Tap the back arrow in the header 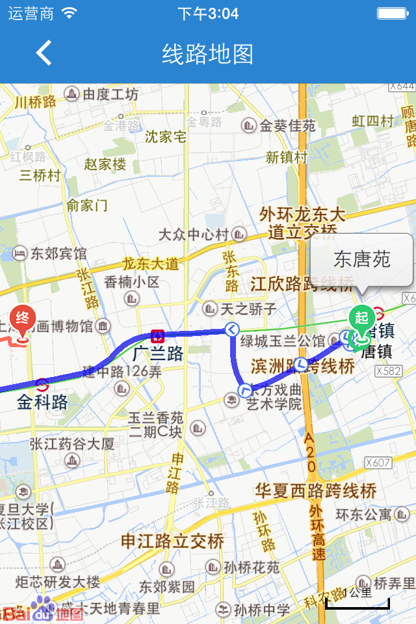(x=44, y=53)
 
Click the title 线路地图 (x=207, y=54)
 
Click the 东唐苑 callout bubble (x=361, y=260)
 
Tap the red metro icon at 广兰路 (x=157, y=336)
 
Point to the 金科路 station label (x=42, y=402)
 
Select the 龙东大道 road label (x=150, y=264)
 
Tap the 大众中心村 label (x=194, y=234)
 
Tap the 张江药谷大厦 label (x=72, y=444)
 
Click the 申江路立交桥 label (x=173, y=541)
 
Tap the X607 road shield (x=378, y=463)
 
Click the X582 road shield (x=388, y=370)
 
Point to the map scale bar (x=357, y=603)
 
